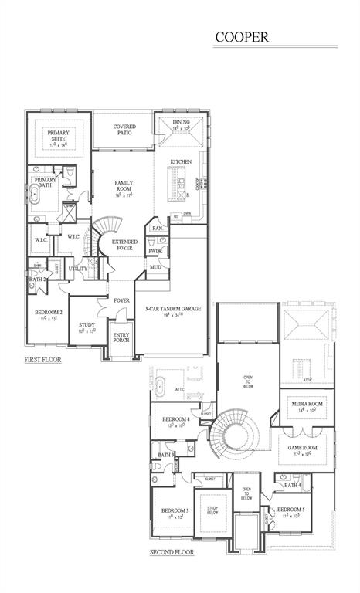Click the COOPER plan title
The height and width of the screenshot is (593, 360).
[242, 36]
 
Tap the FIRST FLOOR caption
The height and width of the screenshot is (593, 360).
[44, 360]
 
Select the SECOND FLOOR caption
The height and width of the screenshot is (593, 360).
[172, 552]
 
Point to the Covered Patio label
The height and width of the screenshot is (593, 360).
[124, 129]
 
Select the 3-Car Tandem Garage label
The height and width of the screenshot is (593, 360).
[172, 311]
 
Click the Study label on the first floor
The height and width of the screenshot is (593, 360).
[87, 327]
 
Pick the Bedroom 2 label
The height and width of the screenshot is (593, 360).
[48, 315]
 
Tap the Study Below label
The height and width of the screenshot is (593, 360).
[212, 510]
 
